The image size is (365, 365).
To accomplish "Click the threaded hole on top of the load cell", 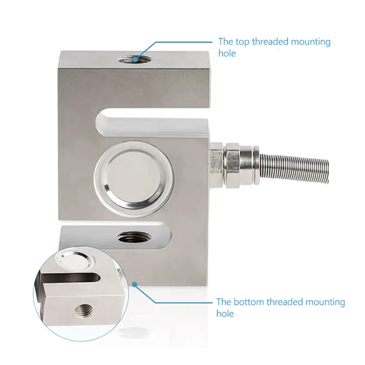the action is (x=135, y=60).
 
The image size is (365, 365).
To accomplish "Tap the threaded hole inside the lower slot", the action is (x=134, y=237).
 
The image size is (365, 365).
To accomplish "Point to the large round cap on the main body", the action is (x=134, y=178).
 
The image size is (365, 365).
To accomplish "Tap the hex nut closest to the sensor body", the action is (x=216, y=165).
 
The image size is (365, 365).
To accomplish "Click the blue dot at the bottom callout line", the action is (x=135, y=284).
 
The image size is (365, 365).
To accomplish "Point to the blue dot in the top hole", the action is (x=135, y=60).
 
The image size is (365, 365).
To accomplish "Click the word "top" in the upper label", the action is (x=242, y=42).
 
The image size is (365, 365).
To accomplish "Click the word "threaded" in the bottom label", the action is (x=285, y=302).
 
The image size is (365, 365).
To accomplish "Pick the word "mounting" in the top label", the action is (x=311, y=42).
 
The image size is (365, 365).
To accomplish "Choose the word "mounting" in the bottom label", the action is (x=325, y=302).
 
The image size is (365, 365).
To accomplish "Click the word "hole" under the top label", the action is (x=227, y=53).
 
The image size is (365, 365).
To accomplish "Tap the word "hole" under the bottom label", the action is (x=225, y=313).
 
